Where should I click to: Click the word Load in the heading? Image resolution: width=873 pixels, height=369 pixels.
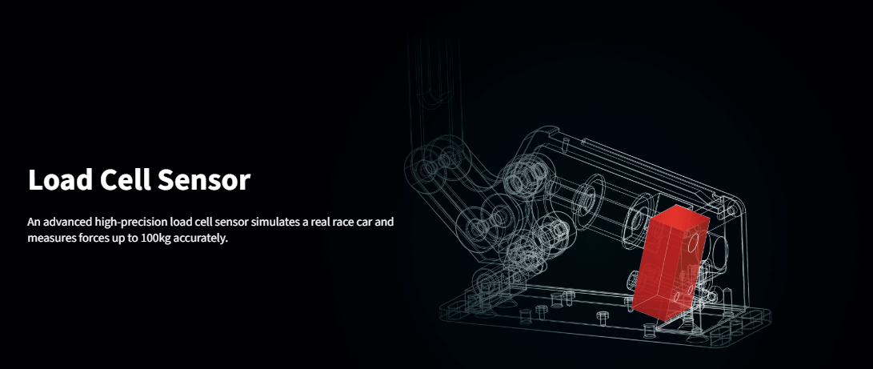click(59, 180)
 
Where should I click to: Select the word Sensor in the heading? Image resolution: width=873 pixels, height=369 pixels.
click(204, 180)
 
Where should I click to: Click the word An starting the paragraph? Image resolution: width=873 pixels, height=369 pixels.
click(34, 222)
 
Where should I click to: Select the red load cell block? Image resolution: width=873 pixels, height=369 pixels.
click(671, 262)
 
